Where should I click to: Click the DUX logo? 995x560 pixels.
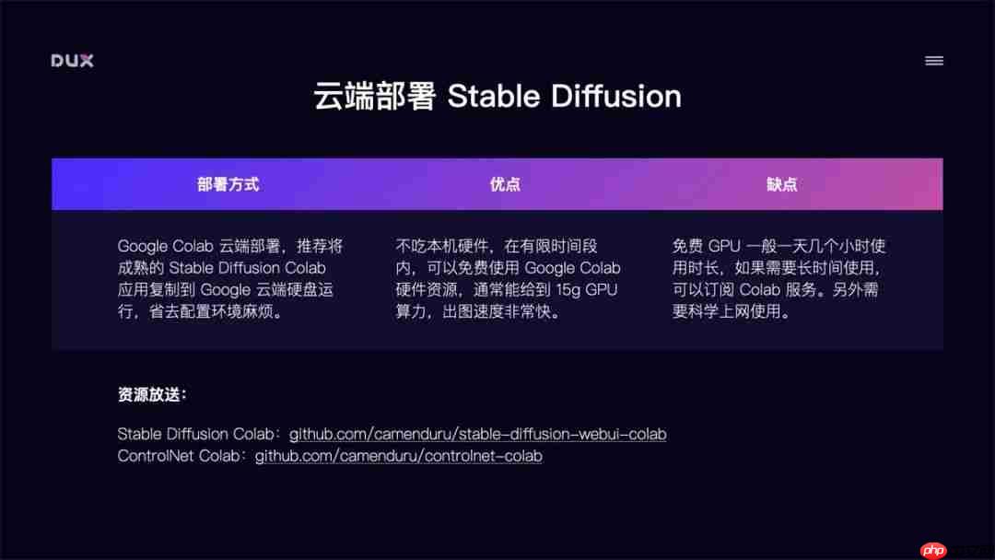(72, 61)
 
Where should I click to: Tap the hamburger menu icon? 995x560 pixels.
(934, 61)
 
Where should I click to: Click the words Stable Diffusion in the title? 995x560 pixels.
(564, 96)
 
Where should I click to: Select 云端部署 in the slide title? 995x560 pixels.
(374, 96)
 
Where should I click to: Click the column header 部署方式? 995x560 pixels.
(228, 184)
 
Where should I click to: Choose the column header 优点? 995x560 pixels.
(505, 184)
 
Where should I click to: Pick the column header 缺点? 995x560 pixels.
(781, 184)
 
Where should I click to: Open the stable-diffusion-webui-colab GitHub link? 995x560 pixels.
(477, 434)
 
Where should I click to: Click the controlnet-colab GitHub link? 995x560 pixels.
(398, 456)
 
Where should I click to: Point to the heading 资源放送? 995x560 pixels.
(152, 395)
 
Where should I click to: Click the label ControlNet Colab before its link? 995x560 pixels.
(181, 456)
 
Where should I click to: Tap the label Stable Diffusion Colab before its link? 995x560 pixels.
(196, 434)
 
